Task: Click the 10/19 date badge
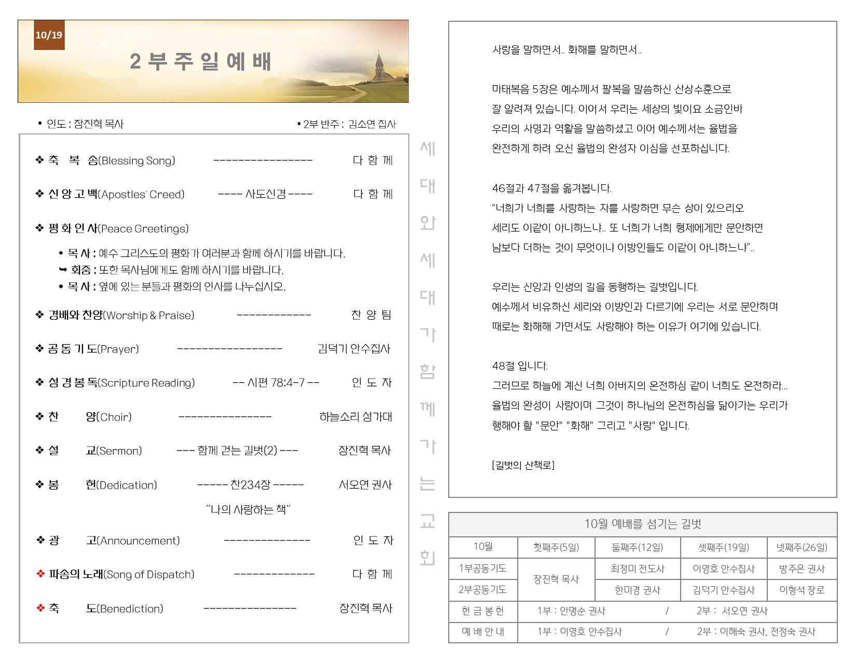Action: tap(49, 35)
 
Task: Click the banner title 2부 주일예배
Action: tap(201, 62)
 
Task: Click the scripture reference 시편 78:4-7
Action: tap(276, 383)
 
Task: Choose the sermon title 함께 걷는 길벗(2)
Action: tap(237, 451)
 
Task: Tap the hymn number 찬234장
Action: tap(251, 485)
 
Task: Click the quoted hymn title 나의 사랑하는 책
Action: tap(248, 509)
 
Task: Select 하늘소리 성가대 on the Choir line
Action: tap(355, 417)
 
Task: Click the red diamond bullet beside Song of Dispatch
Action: tap(40, 574)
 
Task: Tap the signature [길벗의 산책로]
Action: tap(523, 465)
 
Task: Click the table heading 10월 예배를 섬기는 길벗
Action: tap(642, 524)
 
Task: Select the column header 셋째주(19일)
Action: tap(723, 547)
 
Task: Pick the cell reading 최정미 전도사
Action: tap(637, 569)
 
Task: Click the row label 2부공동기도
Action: tap(482, 590)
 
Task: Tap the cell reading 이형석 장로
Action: tap(802, 590)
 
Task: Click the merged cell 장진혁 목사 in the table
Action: tap(556, 579)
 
